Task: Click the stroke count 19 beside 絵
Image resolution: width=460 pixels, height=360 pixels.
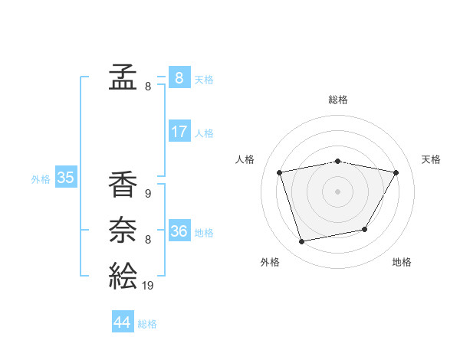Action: tap(147, 286)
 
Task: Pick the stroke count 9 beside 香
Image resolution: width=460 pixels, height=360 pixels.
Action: tap(147, 194)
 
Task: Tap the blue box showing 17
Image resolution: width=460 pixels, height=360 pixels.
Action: tap(179, 132)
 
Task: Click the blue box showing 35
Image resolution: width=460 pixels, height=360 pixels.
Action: tap(65, 178)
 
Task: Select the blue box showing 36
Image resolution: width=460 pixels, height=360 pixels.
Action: tap(179, 231)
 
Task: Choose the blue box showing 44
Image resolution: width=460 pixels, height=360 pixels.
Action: tap(122, 322)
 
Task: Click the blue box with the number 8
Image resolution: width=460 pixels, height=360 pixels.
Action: tap(179, 77)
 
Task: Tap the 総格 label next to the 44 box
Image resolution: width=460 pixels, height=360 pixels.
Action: tap(147, 324)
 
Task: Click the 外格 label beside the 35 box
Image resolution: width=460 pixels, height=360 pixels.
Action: tap(41, 179)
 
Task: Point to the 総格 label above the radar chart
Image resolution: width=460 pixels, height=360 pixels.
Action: tap(338, 100)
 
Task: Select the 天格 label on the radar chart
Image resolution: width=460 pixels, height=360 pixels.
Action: tap(432, 159)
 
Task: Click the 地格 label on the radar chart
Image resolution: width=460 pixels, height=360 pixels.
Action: tap(402, 262)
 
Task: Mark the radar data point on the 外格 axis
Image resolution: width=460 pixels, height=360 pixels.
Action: tap(302, 242)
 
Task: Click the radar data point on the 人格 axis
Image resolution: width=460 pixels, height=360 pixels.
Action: tap(280, 172)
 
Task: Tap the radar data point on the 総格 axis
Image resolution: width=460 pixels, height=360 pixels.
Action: tap(338, 161)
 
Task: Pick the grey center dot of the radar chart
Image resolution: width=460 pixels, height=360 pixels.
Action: tap(338, 191)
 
